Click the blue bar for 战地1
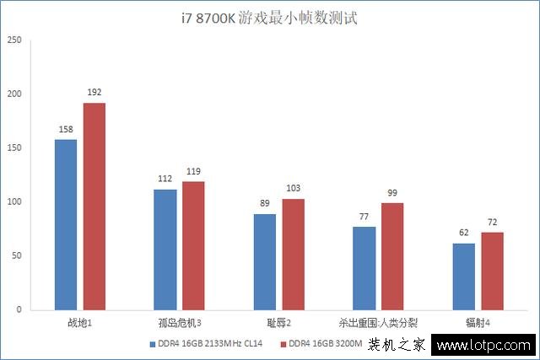tap(66, 224)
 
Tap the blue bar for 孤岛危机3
tap(165, 250)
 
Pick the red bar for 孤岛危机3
tap(192, 245)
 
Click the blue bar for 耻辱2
tap(265, 261)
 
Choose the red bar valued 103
tap(293, 254)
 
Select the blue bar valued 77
tap(364, 268)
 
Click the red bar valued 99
tap(391, 256)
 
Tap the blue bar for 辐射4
tap(463, 276)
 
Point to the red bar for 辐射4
tap(492, 271)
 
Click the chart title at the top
tap(269, 17)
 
